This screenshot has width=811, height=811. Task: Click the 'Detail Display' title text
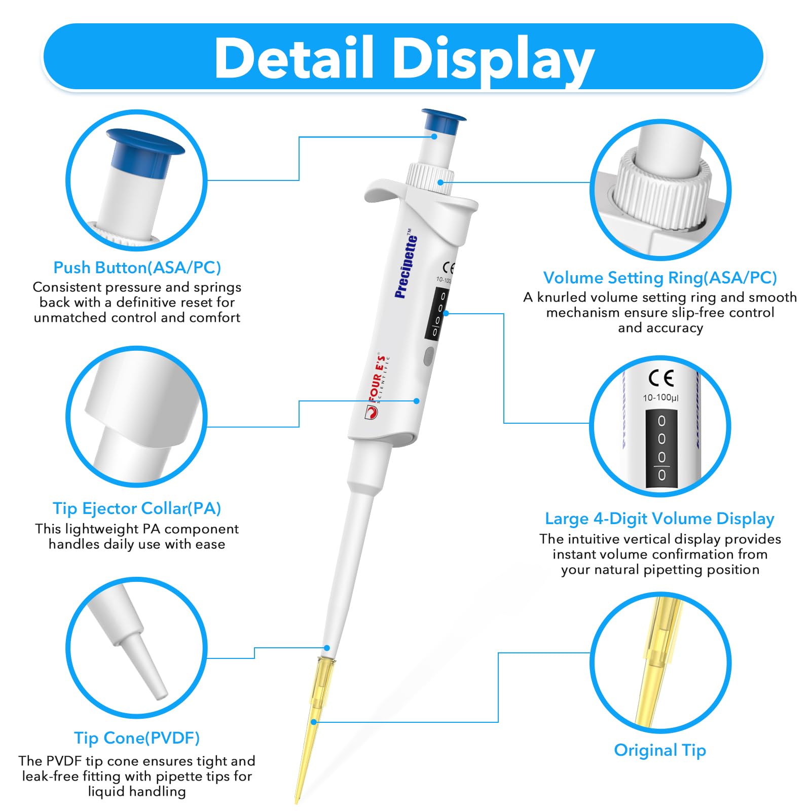coord(404,59)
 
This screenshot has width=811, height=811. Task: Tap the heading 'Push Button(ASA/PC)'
coord(137,267)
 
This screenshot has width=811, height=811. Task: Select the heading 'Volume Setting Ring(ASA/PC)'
coord(660,277)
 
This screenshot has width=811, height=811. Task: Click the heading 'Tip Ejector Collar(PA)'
coord(137,508)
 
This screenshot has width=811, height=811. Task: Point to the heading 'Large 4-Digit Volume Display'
coord(659,519)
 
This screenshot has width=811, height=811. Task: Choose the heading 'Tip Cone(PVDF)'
coord(137,738)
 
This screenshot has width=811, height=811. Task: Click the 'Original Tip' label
coord(659,750)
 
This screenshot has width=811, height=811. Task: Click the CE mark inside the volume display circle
coord(661,378)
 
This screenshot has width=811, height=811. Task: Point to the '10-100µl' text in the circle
coord(660,397)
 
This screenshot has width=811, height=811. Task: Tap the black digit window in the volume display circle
coord(661,449)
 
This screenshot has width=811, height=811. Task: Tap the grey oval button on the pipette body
coord(428,355)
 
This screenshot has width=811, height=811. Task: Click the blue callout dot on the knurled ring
coord(440,182)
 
